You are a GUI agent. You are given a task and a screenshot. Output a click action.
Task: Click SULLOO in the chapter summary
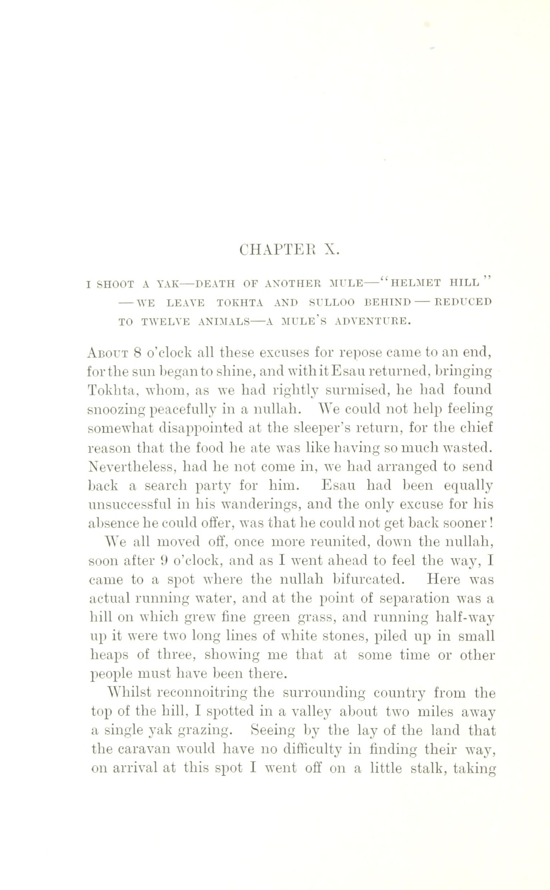[x=332, y=302]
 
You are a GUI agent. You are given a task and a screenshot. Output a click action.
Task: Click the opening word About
[x=108, y=352]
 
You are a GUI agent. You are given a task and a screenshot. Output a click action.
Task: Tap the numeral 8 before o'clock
[x=137, y=352]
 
